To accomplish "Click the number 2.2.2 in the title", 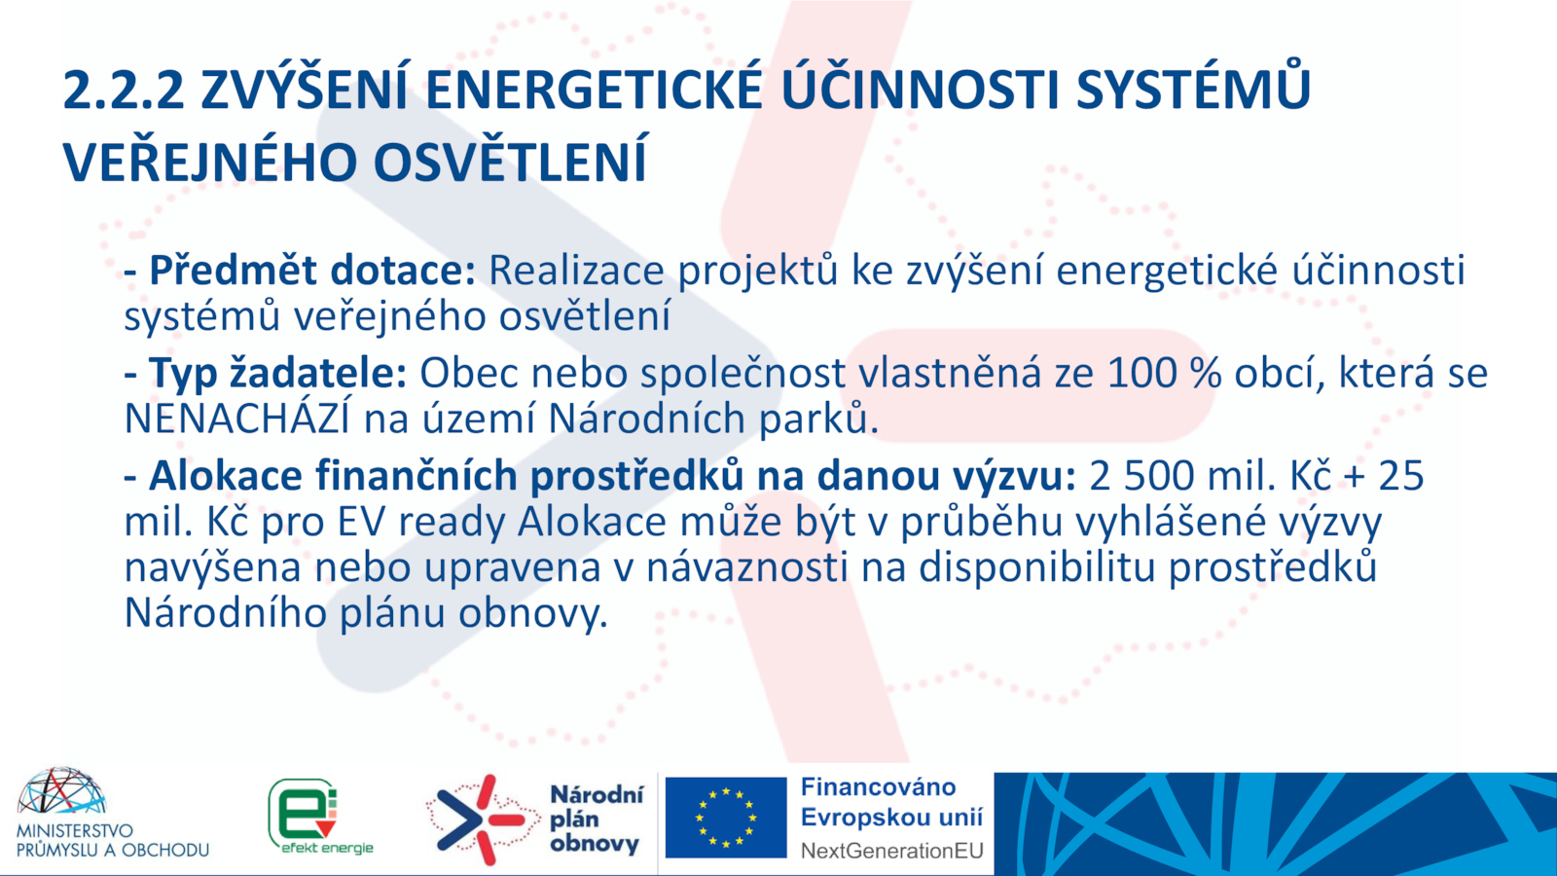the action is [124, 91].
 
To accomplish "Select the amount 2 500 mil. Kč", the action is [1211, 476].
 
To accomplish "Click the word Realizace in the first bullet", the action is [576, 270].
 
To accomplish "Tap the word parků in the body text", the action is [814, 420].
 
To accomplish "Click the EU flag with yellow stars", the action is [726, 818].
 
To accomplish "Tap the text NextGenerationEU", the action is [891, 851].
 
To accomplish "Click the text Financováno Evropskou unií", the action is [891, 802].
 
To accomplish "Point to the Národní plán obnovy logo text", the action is [596, 819].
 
